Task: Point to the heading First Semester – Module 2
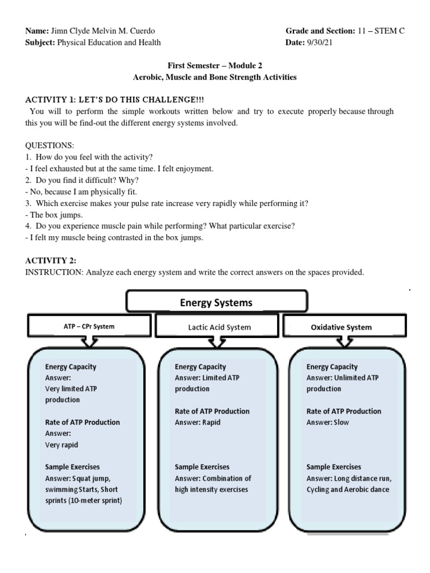214,66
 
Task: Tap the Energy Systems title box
216,303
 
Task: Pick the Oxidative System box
341,327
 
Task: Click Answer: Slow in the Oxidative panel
328,422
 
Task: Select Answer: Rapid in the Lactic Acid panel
198,422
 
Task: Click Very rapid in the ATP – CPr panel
62,445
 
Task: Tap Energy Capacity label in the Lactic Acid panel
200,367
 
